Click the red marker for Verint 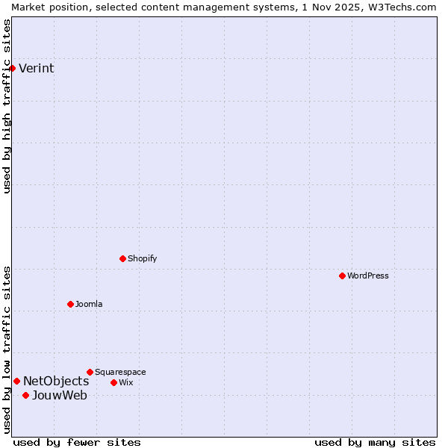12,68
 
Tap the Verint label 36,69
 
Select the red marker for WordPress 342,276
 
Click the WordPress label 368,276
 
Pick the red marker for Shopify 122,258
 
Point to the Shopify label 142,258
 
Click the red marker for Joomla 70,304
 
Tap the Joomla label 89,304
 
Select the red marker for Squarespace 90,372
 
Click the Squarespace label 120,372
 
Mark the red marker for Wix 113,382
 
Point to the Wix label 126,382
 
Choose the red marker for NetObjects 16,381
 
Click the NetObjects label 56,382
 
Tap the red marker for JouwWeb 25,395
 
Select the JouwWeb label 59,396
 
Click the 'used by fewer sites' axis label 77,442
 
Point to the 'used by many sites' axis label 374,442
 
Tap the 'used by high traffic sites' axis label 7,106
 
